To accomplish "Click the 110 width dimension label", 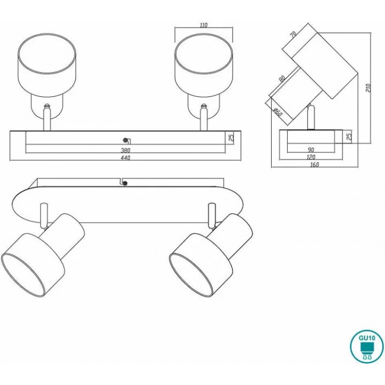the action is (204, 25).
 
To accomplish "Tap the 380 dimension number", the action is (125, 150).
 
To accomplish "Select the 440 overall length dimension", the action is (125, 158).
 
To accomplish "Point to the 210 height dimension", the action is (369, 87).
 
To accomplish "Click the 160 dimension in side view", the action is (315, 164).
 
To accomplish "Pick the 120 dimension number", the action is (311, 157).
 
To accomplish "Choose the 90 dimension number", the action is (311, 150).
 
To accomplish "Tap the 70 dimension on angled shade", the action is (293, 34).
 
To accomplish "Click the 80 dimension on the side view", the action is (282, 79).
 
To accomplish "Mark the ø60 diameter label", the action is (278, 112).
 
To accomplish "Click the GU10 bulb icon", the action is (367, 346).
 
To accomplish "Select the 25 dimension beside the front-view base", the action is (232, 137).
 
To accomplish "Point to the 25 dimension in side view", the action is (350, 136).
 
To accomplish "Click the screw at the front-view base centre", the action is (126, 140).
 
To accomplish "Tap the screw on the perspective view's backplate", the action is (125, 183).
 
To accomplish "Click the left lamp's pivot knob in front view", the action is (47, 106).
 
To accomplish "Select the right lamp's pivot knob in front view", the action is (204, 106).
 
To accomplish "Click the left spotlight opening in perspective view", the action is (23, 275).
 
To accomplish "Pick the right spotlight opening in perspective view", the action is (191, 275).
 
